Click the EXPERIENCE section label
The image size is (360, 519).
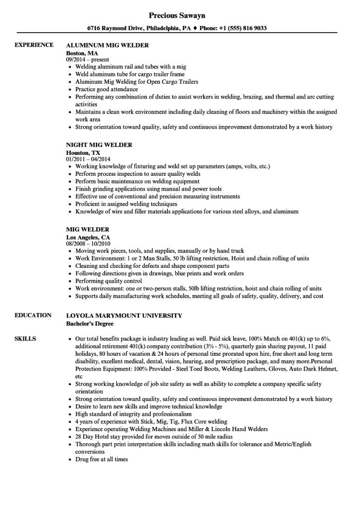pos(34,45)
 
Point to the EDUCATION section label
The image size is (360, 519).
pos(33,315)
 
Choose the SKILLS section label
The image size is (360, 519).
pos(26,326)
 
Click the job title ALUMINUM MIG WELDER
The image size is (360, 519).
pos(107,45)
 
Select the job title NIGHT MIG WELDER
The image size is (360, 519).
pos(99,145)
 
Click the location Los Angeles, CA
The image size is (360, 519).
pos(88,237)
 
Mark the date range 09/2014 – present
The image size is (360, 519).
pos(87,60)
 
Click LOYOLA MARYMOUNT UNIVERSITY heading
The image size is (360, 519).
pos(124,316)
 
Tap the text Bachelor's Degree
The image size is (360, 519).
pos(90,323)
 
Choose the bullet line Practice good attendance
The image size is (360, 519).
pos(107,89)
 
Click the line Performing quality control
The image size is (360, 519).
pos(109,281)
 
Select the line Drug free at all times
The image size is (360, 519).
pos(101,459)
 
